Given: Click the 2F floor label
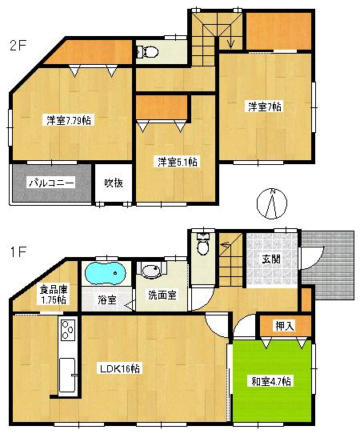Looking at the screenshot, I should [x=18, y=46].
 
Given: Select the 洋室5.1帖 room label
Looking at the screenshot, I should [x=177, y=162].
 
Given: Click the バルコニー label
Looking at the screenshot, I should [x=51, y=183].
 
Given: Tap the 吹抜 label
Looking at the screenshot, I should [x=113, y=183].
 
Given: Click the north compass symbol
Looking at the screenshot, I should [x=273, y=204].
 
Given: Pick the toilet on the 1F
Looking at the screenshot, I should [x=202, y=244].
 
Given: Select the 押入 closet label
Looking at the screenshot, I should [x=282, y=326].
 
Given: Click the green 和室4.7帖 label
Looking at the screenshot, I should [x=270, y=380].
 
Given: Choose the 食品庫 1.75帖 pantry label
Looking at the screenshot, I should [x=50, y=293].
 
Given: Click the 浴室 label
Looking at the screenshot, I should [x=107, y=300].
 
